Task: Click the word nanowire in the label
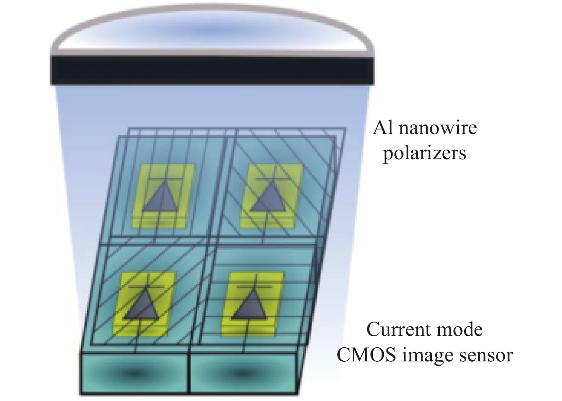(x=437, y=128)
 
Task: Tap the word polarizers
(x=425, y=153)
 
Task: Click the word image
(x=428, y=356)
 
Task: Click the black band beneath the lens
(x=212, y=71)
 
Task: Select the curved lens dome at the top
(x=212, y=27)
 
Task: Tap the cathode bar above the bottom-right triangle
(x=254, y=287)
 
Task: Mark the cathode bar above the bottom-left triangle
(x=147, y=287)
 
